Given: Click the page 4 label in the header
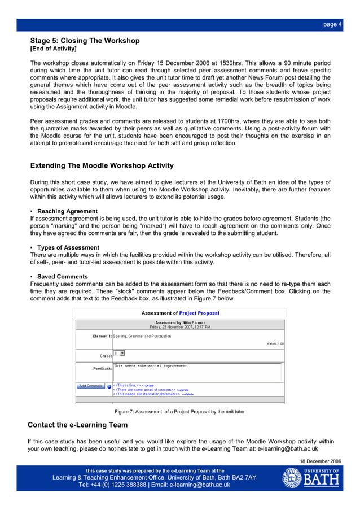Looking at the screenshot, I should click(332, 24).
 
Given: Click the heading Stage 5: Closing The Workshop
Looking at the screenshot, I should click(85, 41).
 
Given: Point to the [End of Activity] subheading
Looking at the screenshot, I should click(53, 49).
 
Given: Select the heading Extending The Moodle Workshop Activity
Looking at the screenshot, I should click(102, 166).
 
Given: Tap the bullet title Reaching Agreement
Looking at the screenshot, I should click(67, 211).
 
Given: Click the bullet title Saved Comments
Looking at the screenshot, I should click(63, 277).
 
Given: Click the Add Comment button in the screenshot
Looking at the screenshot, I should click(90, 386).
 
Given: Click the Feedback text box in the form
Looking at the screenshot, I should click(196, 372).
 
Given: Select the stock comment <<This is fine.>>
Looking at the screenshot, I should click(127, 385).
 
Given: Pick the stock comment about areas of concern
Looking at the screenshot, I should click(144, 390).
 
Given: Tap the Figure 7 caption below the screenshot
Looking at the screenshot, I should click(179, 412).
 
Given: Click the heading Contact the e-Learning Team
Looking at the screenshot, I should click(78, 425).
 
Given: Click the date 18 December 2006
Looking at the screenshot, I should click(321, 461).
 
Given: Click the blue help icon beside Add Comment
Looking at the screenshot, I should click(109, 386).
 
